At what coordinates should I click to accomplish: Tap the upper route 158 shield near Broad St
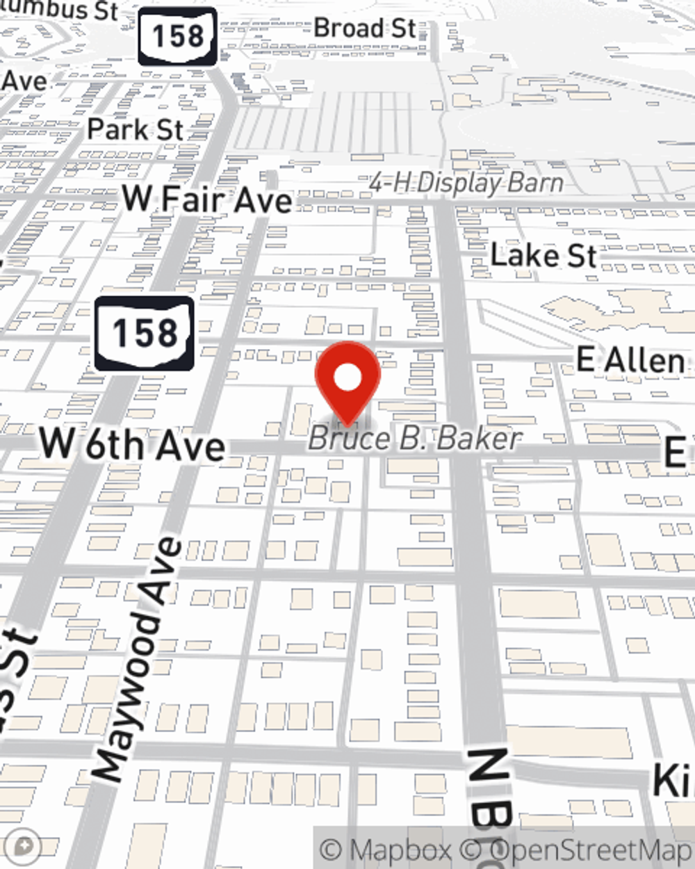point(177,36)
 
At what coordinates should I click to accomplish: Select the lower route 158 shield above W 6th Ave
point(144,333)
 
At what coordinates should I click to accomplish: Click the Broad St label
point(365,29)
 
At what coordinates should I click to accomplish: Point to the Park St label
point(136,129)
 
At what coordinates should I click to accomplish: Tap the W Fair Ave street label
point(207,200)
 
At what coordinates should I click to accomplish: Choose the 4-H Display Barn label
point(466,183)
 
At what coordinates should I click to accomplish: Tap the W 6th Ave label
point(132,444)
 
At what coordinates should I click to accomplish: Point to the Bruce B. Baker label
point(415,439)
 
